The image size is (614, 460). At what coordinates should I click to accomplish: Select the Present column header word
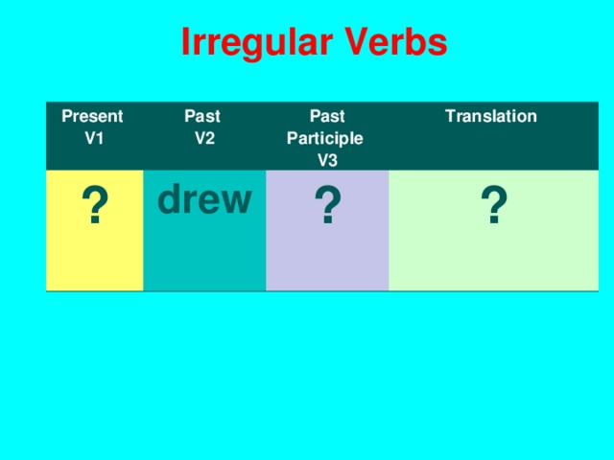tap(92, 117)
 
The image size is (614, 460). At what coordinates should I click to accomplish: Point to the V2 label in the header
tap(203, 137)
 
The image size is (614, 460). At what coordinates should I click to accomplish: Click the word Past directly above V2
tap(202, 117)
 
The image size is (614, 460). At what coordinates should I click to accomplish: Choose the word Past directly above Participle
tap(326, 117)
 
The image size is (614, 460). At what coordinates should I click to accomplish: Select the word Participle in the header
tap(325, 138)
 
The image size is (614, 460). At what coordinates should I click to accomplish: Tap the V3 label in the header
tap(327, 159)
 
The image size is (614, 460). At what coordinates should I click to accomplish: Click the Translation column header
tap(491, 117)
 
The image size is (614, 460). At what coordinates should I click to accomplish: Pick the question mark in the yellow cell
tap(93, 207)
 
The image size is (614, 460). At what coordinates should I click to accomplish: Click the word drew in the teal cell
tap(204, 199)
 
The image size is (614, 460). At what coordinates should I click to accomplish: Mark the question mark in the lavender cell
tap(327, 207)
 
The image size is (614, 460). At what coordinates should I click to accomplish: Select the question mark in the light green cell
tap(493, 207)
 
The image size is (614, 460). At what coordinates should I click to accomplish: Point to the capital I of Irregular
tap(186, 42)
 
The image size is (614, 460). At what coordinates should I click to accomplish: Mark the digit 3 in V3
tap(333, 159)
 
